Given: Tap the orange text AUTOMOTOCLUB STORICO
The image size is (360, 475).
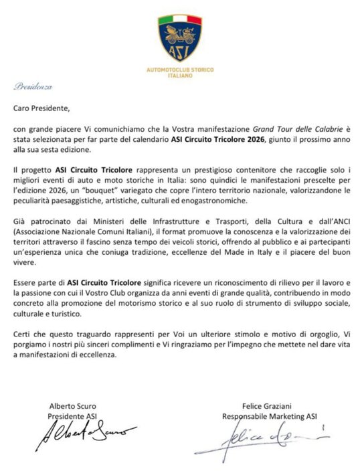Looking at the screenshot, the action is (179, 70).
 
